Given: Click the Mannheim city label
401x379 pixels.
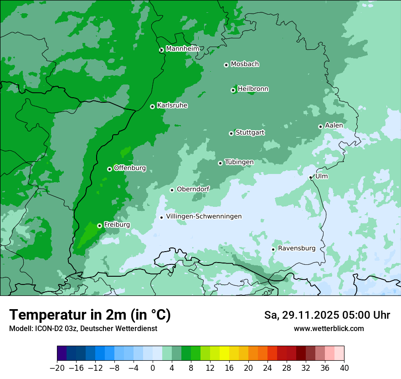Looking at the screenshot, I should pyautogui.click(x=182, y=49).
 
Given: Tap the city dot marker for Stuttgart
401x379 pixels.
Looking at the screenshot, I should pyautogui.click(x=231, y=133).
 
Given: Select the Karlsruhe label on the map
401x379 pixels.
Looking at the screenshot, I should pyautogui.click(x=172, y=105).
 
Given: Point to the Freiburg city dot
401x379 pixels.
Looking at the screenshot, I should pyautogui.click(x=99, y=226).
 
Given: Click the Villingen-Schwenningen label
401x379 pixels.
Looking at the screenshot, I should pyautogui.click(x=204, y=216).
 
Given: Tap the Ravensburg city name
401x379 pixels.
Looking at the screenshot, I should pyautogui.click(x=296, y=248).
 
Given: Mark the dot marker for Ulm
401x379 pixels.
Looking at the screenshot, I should pyautogui.click(x=310, y=177).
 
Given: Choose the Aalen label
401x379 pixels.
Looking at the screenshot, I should pyautogui.click(x=334, y=126).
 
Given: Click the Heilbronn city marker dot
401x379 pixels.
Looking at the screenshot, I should pyautogui.click(x=233, y=90).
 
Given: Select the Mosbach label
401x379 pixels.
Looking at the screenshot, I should pyautogui.click(x=244, y=64).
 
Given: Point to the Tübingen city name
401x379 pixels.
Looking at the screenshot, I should pyautogui.click(x=239, y=162).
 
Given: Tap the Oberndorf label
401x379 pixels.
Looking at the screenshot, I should pyautogui.click(x=193, y=189).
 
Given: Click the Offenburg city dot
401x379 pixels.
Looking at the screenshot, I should pyautogui.click(x=109, y=169).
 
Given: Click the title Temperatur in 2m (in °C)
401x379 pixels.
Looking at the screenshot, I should pyautogui.click(x=90, y=315).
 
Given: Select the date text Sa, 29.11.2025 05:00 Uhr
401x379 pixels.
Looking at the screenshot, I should pyautogui.click(x=327, y=315).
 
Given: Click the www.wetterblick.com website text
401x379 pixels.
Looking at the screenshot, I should pyautogui.click(x=329, y=328).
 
